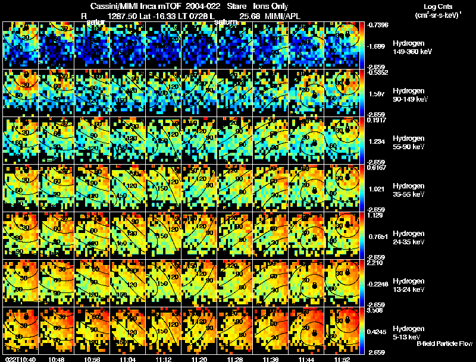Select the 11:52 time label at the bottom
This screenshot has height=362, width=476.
[343, 358]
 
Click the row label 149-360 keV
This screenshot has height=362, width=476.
[409, 52]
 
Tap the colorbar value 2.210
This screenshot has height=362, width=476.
[376, 263]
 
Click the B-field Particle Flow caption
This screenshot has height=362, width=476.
[444, 344]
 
